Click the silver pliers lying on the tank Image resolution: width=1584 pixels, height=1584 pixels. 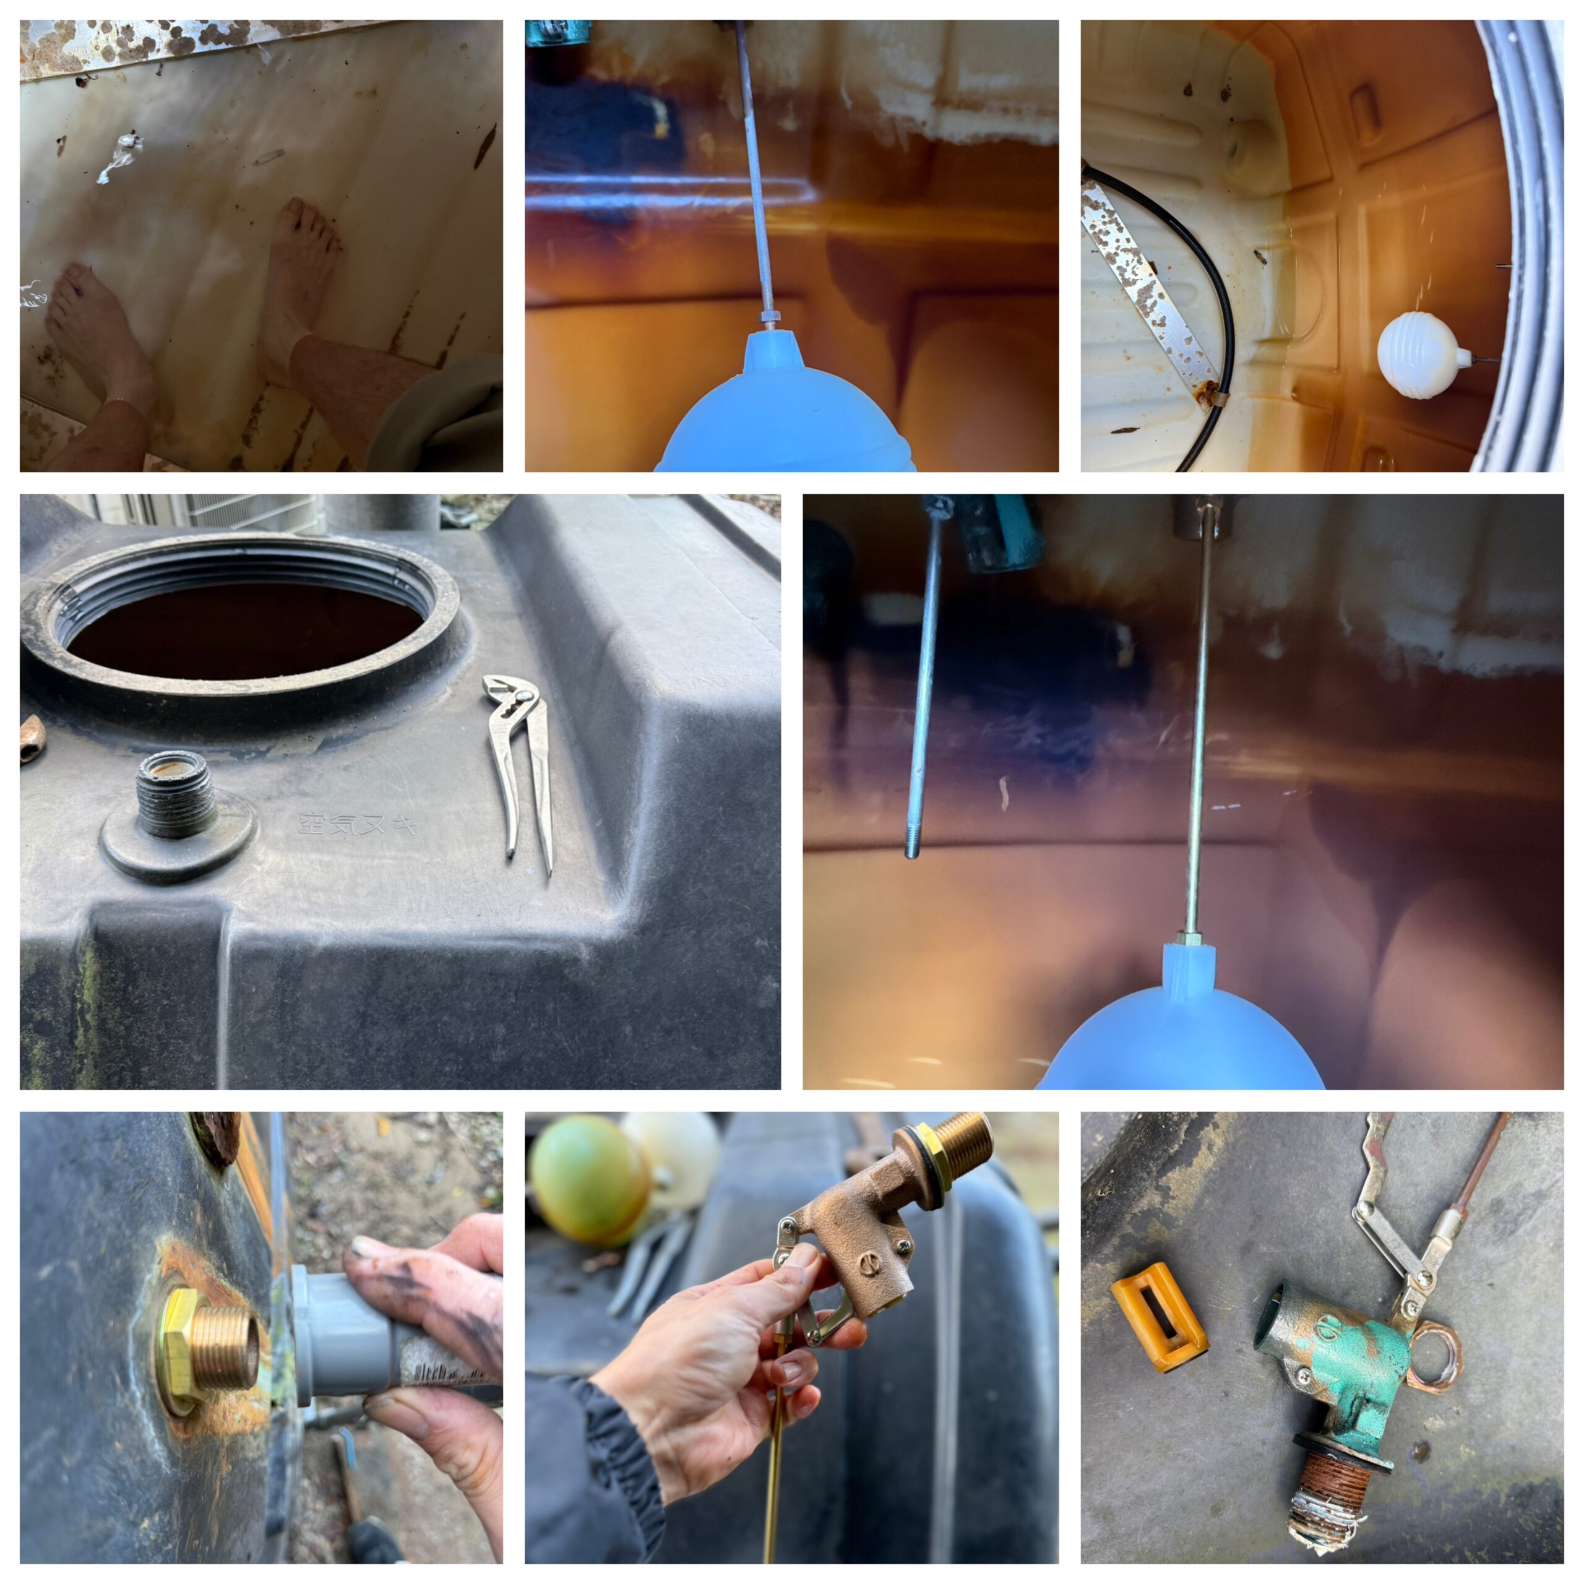518,762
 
